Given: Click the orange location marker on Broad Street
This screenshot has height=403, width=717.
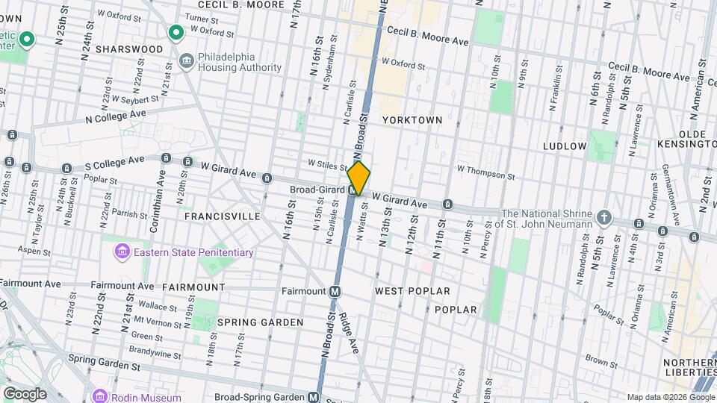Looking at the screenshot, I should (x=358, y=178).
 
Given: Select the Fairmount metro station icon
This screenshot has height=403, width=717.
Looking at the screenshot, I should (x=335, y=291).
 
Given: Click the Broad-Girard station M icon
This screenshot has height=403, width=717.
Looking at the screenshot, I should (x=352, y=190).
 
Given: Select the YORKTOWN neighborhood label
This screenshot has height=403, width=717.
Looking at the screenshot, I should (x=412, y=119).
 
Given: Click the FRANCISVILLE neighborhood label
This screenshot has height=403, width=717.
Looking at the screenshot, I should (x=223, y=216).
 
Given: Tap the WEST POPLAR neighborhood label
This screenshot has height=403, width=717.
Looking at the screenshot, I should (x=412, y=290).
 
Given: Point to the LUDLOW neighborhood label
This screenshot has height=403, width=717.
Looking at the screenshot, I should (x=565, y=146).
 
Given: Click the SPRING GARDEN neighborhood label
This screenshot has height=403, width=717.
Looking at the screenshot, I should (x=260, y=322).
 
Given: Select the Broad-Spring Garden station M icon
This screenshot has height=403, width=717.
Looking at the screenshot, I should (x=314, y=397).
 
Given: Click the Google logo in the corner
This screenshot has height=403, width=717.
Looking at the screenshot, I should (x=24, y=393).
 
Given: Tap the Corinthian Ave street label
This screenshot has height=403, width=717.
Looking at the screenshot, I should (x=161, y=192).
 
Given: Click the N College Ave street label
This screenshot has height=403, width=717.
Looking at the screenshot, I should (x=116, y=116).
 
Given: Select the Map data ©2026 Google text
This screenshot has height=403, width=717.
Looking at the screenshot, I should (x=670, y=396).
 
